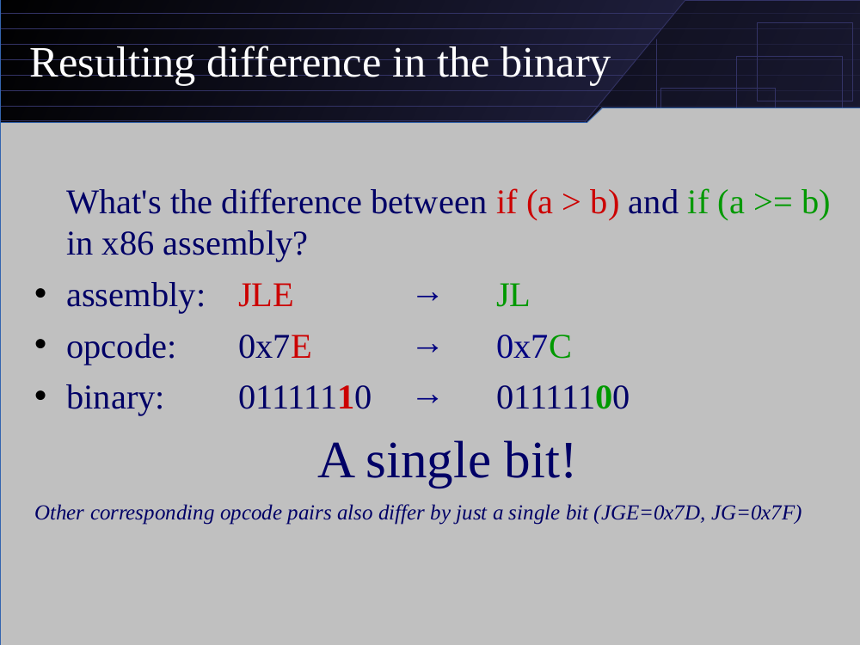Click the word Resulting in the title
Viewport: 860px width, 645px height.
pyautogui.click(x=112, y=64)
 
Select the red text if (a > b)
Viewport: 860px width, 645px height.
pyautogui.click(x=557, y=202)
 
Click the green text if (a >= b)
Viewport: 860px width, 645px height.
pyautogui.click(x=759, y=202)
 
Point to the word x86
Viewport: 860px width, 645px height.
pyautogui.click(x=127, y=243)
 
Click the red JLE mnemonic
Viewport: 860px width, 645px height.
pyautogui.click(x=266, y=295)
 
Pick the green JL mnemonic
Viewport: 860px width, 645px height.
pyautogui.click(x=513, y=295)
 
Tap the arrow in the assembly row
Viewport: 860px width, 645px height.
pyautogui.click(x=427, y=296)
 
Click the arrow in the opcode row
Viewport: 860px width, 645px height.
pyautogui.click(x=427, y=347)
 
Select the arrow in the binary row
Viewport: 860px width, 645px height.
pyautogui.click(x=427, y=397)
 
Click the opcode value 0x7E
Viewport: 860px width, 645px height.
pyautogui.click(x=275, y=347)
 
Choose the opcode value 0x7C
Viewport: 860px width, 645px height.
pyautogui.click(x=534, y=347)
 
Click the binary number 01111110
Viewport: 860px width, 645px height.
pyautogui.click(x=305, y=397)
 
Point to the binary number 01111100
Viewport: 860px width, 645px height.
pyautogui.click(x=562, y=397)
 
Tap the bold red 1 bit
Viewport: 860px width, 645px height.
pyautogui.click(x=346, y=397)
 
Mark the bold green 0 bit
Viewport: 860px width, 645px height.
pyautogui.click(x=604, y=397)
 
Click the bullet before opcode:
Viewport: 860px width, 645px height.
pyautogui.click(x=40, y=345)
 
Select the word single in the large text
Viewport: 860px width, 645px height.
pyautogui.click(x=427, y=462)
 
